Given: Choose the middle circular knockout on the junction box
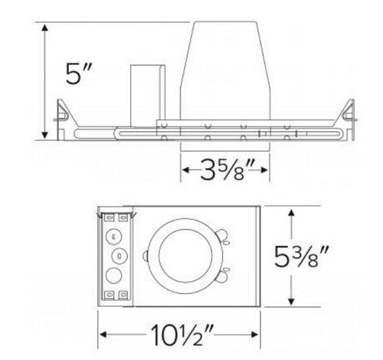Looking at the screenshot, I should point(119,254).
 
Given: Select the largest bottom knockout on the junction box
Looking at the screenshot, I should point(116,274).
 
